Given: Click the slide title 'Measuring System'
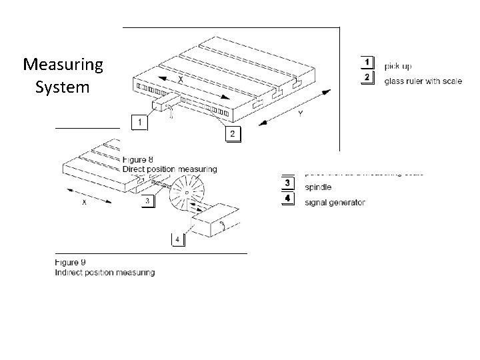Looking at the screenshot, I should point(63,75).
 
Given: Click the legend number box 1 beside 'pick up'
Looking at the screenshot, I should point(367,62).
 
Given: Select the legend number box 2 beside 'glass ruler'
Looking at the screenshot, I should point(367,78).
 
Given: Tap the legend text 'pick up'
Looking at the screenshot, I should point(398,66).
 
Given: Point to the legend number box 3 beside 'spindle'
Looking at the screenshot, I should point(287,183).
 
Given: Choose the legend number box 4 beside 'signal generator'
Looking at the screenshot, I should point(287,199).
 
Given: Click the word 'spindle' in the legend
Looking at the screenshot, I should point(317,187).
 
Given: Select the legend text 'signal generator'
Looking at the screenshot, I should point(334,202).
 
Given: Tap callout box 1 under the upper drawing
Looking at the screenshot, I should point(139,123).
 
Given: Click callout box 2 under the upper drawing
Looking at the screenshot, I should point(231,134).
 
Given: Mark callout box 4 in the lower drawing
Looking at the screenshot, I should point(178,238).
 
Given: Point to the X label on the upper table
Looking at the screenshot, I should point(181,79).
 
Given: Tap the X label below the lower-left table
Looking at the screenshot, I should point(83,204).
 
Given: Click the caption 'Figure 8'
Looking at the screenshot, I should point(138,159).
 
